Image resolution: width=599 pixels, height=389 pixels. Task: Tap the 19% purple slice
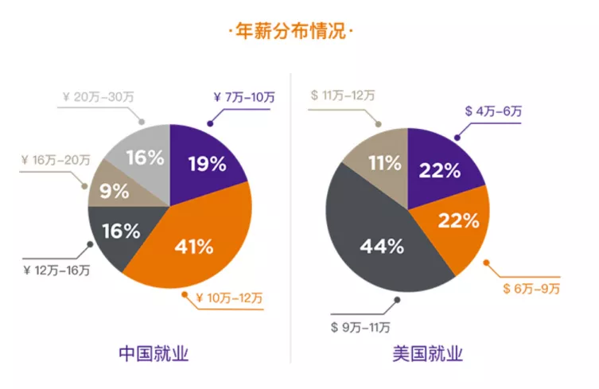[x=205, y=165]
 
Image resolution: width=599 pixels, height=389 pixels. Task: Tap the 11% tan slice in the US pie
[x=382, y=164]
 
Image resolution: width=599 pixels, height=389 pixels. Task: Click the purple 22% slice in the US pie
[x=440, y=169]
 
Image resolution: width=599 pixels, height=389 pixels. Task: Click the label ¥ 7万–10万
[x=244, y=98]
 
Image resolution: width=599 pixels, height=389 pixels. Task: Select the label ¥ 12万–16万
[x=56, y=270]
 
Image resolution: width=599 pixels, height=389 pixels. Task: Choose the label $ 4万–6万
[x=493, y=111]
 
